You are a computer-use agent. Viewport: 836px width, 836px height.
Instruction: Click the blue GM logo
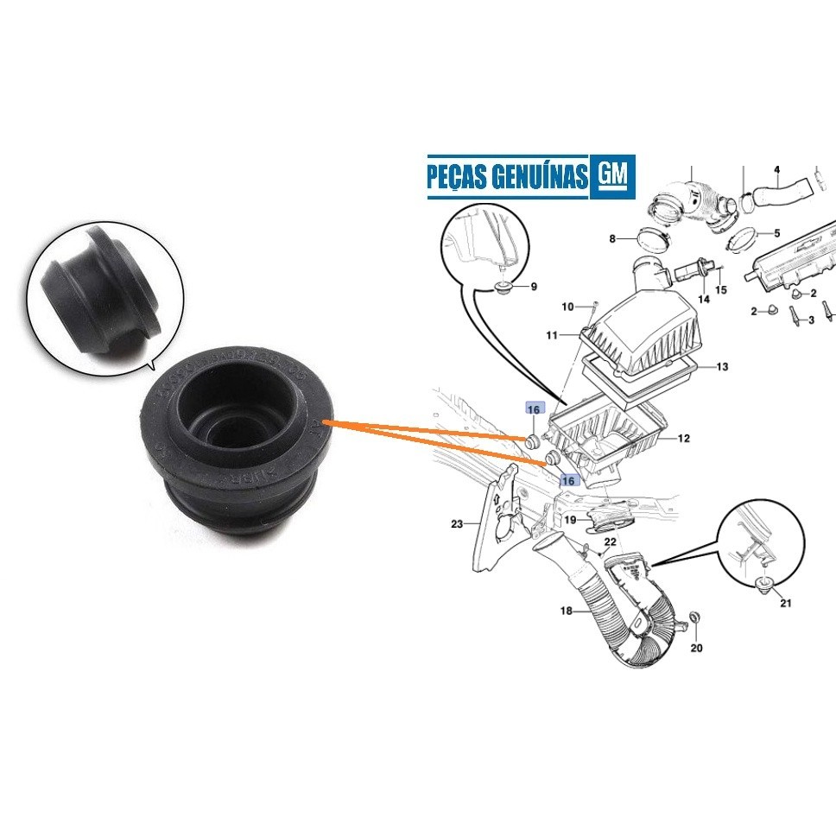point(612,176)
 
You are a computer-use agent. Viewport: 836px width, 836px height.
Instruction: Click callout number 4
point(776,169)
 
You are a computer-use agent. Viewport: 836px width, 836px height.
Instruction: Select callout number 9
point(533,287)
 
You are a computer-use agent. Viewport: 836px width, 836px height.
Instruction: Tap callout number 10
point(567,307)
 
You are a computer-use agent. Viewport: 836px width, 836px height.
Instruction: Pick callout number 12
point(683,439)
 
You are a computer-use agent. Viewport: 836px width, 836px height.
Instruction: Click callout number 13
point(722,367)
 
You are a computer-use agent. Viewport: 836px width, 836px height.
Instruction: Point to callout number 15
point(721,290)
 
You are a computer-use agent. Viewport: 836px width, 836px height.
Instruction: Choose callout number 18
point(567,611)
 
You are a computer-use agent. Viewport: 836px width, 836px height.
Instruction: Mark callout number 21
point(785,603)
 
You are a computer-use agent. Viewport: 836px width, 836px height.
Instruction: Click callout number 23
point(457,523)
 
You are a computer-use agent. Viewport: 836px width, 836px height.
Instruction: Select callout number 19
point(570,520)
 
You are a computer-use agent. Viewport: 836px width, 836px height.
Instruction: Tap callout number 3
point(810,320)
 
